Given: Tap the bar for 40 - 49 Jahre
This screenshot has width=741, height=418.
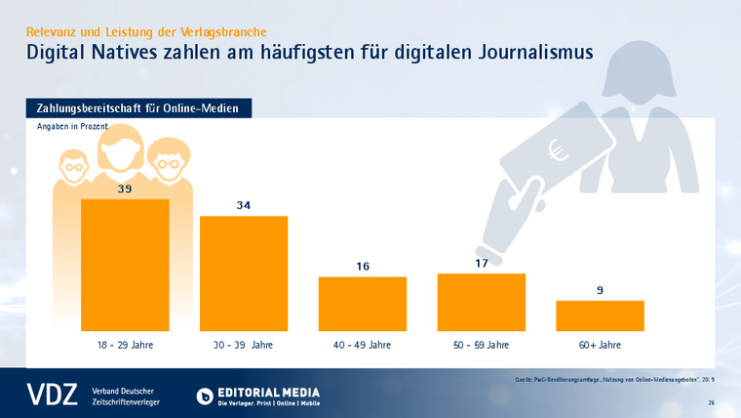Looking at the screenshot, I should [x=363, y=304].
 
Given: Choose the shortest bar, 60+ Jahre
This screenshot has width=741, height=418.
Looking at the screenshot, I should [x=600, y=315].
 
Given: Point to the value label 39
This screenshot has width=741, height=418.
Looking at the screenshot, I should [x=125, y=188].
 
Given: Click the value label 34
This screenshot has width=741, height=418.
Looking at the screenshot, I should [x=244, y=205].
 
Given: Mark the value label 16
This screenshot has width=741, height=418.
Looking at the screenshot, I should [x=363, y=266].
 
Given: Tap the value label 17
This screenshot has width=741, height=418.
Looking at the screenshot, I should [x=482, y=263].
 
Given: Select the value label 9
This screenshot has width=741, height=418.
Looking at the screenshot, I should [x=600, y=289].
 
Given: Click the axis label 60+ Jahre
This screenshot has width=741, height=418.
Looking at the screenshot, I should [x=600, y=346].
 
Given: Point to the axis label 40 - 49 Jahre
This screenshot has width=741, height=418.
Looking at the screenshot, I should [x=363, y=346].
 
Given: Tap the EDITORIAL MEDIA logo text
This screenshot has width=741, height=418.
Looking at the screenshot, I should [x=269, y=392].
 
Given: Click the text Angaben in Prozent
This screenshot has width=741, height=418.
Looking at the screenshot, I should [x=72, y=127].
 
